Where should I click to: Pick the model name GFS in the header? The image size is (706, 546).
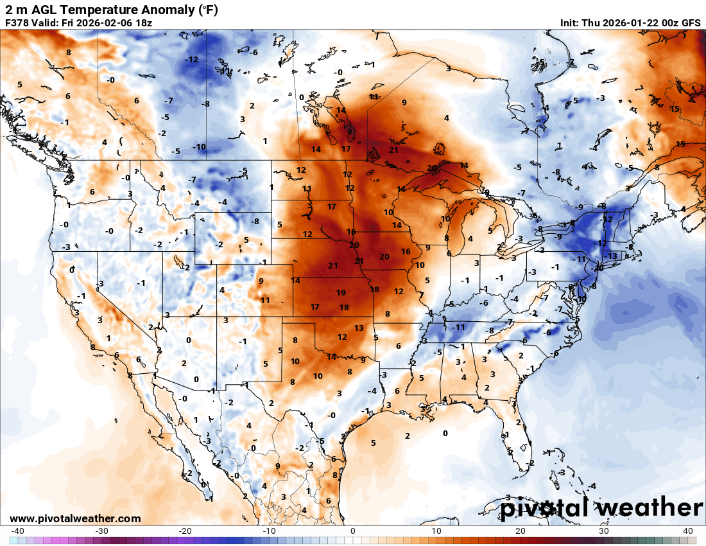690,23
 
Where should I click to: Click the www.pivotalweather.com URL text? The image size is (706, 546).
75,518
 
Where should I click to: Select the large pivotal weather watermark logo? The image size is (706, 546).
602,507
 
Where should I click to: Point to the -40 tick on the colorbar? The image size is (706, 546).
17,531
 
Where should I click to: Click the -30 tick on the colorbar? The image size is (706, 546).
101,531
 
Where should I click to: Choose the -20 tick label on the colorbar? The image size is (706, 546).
185,531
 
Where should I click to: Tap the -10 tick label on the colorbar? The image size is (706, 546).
270,531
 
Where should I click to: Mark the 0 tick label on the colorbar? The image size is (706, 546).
353,531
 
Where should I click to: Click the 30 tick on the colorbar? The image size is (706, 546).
605,531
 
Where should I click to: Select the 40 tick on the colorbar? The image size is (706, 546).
688,531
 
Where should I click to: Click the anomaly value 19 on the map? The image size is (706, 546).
341,292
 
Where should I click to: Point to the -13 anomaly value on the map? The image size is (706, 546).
611,256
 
